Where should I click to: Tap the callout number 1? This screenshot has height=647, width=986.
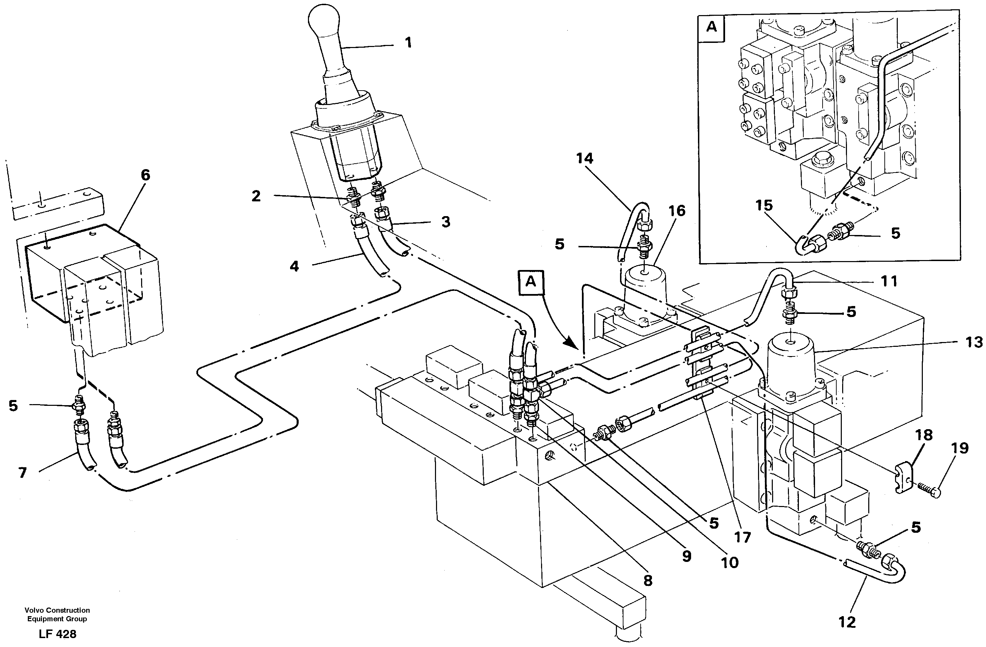pyautogui.click(x=408, y=43)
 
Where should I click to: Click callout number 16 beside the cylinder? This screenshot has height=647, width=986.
pyautogui.click(x=677, y=211)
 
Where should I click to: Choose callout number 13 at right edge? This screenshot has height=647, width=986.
pyautogui.click(x=974, y=342)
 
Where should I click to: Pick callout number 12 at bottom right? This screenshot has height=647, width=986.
pyautogui.click(x=847, y=622)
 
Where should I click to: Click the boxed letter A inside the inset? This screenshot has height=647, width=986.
pyautogui.click(x=711, y=27)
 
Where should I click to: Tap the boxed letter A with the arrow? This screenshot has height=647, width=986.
pyautogui.click(x=531, y=282)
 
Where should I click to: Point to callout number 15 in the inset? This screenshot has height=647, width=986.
pyautogui.click(x=764, y=205)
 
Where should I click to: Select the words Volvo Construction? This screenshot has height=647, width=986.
pyautogui.click(x=57, y=610)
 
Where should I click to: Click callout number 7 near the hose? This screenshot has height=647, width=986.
pyautogui.click(x=22, y=473)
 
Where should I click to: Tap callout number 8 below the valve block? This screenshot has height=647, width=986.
pyautogui.click(x=647, y=581)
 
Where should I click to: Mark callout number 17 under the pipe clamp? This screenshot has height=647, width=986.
pyautogui.click(x=742, y=538)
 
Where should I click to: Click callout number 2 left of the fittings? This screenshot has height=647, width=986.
pyautogui.click(x=256, y=196)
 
